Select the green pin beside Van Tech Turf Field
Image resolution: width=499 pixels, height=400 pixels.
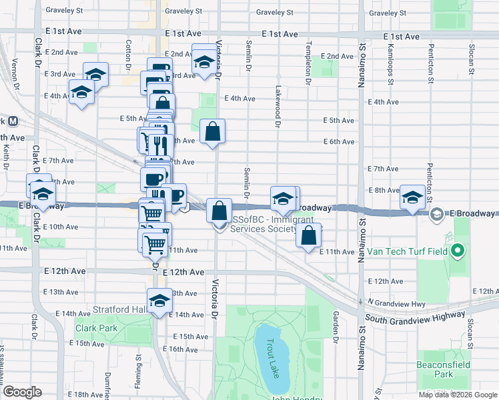457,251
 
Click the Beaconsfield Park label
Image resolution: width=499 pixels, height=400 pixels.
444,369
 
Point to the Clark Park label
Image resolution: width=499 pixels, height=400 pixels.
96,328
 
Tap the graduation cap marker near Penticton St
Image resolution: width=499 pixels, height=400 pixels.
412,197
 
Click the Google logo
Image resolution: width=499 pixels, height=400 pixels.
22,392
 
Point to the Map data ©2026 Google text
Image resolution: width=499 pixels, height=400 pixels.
458,395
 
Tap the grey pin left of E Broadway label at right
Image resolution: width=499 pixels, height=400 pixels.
437,214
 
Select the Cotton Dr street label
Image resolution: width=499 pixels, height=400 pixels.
127,55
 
